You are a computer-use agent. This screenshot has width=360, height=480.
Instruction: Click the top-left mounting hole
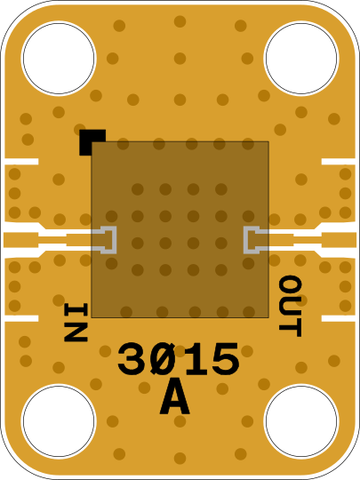[59, 58]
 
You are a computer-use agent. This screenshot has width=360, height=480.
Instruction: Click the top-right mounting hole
[301, 58]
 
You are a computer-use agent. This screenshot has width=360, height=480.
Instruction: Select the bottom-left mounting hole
[59, 421]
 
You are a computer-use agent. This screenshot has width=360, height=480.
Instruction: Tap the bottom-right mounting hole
[301, 421]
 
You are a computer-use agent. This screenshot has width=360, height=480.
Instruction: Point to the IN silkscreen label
[76, 322]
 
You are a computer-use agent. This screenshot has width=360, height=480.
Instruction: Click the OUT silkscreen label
[290, 306]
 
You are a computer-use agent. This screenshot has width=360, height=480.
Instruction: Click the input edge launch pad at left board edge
[20, 240]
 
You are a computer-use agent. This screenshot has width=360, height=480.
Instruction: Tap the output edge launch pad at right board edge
[339, 240]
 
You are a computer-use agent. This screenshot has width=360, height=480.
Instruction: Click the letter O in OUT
[290, 285]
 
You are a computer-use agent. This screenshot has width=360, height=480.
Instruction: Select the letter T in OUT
[290, 328]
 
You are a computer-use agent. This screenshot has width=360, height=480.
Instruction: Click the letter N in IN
[76, 332]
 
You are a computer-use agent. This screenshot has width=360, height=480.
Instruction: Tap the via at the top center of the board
[180, 21]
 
